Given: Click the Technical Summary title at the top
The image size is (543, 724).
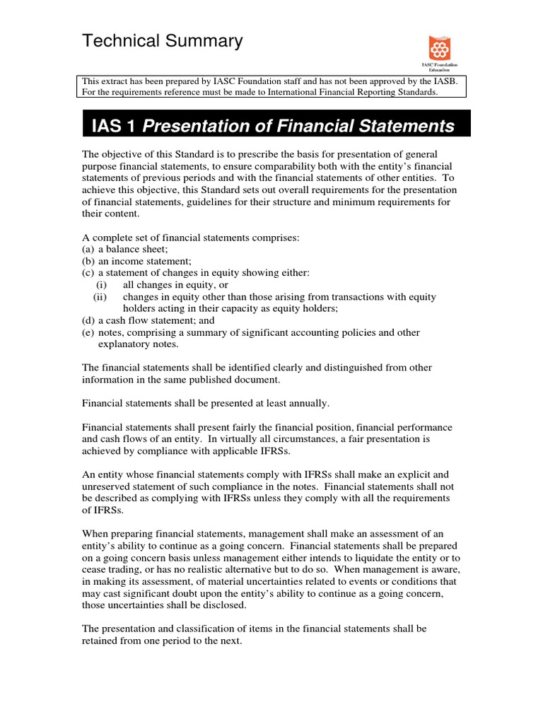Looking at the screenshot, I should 162,42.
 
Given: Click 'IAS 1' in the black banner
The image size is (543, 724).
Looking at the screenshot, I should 113,127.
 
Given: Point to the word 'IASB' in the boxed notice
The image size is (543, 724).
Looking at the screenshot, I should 444,81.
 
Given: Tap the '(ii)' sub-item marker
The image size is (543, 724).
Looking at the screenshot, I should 100,297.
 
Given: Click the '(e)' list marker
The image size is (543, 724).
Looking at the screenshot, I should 88,332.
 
